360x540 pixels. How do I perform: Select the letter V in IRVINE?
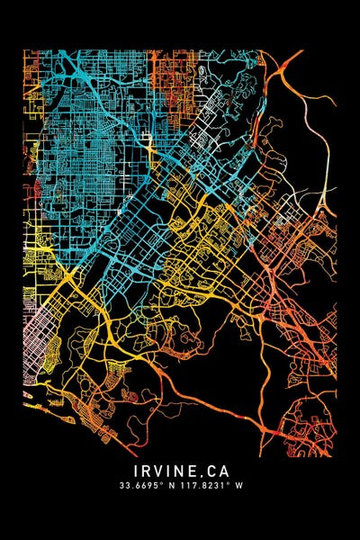point(158,471)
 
